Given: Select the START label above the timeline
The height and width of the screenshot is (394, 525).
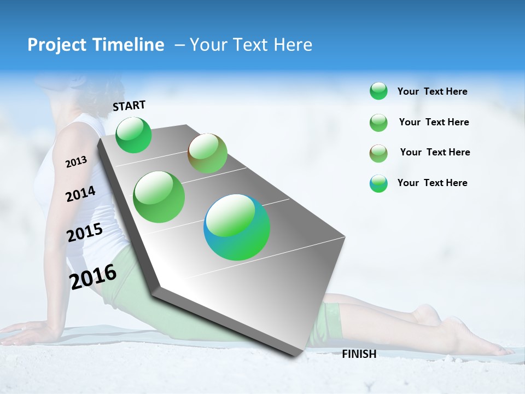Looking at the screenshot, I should tap(129, 106).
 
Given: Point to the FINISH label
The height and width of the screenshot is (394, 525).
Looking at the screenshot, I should tap(359, 354).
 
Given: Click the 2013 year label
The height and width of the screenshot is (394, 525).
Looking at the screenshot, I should tap(76, 161).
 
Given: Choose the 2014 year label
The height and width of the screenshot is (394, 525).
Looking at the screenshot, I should tap(80, 194).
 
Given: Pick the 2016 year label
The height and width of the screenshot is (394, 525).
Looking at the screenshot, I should tap(93, 277).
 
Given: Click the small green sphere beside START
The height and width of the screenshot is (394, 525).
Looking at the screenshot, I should tap(133, 135).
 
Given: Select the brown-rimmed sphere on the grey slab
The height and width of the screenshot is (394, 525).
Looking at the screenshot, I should tap(207, 153).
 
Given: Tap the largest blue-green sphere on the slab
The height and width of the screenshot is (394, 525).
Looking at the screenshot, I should tap(237, 227).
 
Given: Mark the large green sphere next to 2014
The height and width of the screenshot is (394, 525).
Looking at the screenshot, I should tap(159, 197).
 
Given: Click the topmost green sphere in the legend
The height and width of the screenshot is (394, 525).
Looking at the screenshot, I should tap(378, 91).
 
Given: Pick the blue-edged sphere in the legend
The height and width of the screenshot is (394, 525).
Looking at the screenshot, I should tap(378, 183).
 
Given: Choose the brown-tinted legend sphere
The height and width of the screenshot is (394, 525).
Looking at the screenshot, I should tap(378, 153).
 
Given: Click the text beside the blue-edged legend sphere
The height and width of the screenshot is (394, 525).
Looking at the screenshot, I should tap(433, 183).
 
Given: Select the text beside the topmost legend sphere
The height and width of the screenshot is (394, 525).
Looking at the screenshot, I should tap(433, 91).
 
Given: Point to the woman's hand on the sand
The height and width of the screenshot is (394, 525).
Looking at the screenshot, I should tap(22, 332).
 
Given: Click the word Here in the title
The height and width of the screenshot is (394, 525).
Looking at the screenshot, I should tap(293, 45).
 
